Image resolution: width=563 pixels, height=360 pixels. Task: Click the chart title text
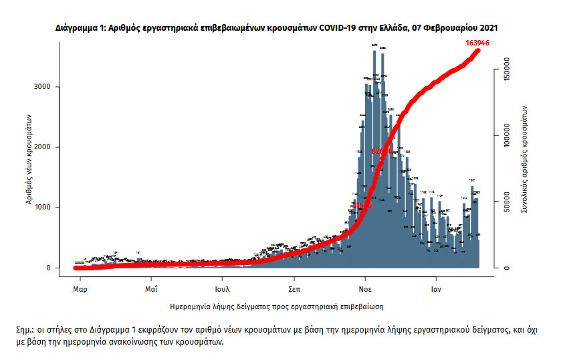pyautogui.click(x=276, y=29)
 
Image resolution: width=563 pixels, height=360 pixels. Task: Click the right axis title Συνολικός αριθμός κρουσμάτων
pyautogui.click(x=526, y=160)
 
